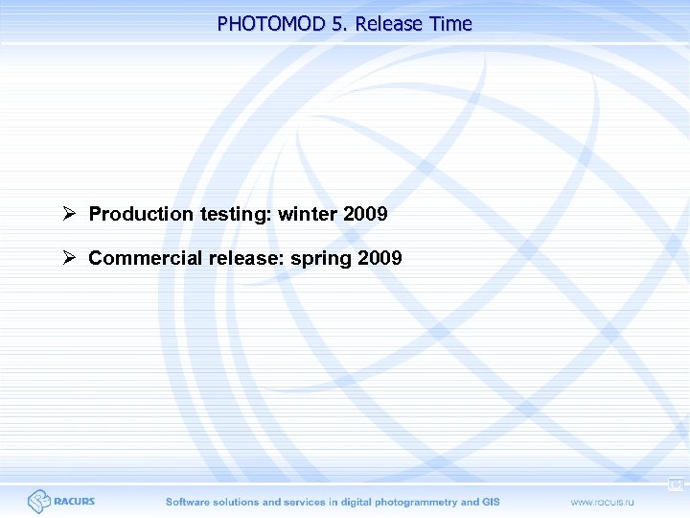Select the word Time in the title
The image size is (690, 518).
click(x=451, y=24)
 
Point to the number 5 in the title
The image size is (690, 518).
click(x=338, y=24)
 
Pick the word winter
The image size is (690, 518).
click(x=309, y=214)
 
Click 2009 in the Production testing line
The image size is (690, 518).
click(x=365, y=214)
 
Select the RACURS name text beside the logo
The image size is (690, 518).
click(x=75, y=502)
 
